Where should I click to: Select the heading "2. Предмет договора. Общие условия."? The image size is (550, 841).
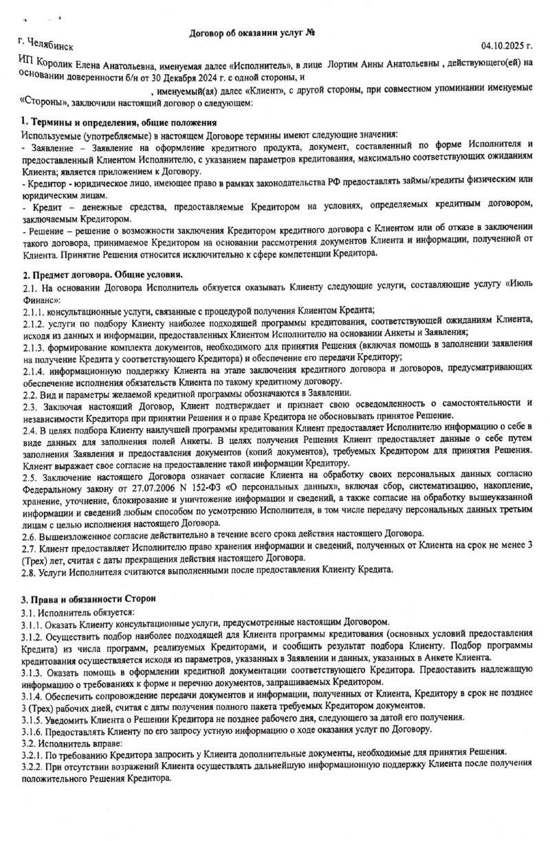coord(96,275)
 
